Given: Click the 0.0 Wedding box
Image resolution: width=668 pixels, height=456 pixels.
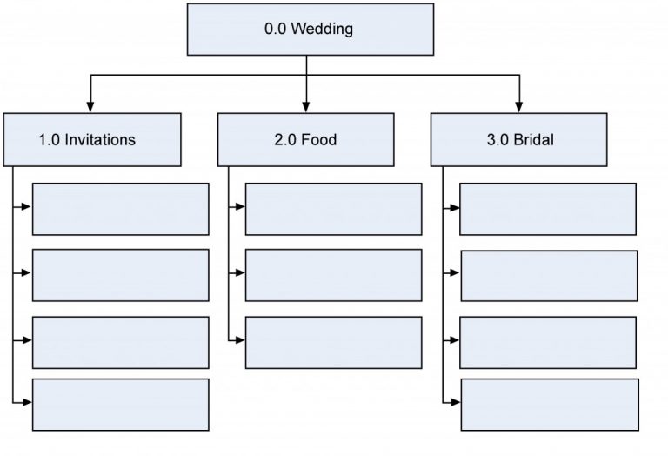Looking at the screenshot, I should (x=310, y=30).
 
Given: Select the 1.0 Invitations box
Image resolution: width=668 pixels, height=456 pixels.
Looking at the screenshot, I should (x=91, y=139).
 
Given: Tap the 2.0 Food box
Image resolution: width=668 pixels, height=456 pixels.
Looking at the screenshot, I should (x=305, y=139).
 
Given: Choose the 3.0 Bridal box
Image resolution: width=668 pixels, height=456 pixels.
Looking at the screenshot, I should (x=518, y=139).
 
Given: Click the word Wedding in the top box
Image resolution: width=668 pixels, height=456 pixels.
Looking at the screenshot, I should (x=323, y=30).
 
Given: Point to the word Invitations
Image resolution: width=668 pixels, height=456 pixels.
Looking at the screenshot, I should (x=101, y=139).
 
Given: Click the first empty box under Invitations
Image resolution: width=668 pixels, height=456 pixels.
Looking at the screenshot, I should (x=120, y=209).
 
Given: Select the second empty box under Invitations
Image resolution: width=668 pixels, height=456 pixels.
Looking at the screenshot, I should (x=120, y=275).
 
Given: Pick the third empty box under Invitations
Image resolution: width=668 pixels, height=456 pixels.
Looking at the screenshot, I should (x=120, y=342).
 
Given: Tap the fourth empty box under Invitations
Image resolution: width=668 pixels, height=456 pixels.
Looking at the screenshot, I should (x=120, y=404).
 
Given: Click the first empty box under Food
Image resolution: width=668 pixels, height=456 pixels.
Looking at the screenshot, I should (x=333, y=209).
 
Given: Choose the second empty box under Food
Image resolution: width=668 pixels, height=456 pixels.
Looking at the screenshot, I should (x=333, y=275).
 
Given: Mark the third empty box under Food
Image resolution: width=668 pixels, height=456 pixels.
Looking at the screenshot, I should (x=333, y=342).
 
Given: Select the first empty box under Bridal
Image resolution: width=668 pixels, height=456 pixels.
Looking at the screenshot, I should (x=547, y=209).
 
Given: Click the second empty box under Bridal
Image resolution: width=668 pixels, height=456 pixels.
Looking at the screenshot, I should (x=548, y=276).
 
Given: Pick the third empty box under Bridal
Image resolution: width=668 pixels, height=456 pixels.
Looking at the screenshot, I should (x=547, y=343).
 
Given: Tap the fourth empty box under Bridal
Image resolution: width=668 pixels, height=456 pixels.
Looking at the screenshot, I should (x=548, y=405).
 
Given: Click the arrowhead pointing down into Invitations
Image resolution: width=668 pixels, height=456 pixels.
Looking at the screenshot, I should (x=90, y=107).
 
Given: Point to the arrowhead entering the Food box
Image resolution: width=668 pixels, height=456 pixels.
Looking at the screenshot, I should (x=305, y=107).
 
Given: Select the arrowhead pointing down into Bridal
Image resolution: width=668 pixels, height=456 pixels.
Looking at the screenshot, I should (x=519, y=107).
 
